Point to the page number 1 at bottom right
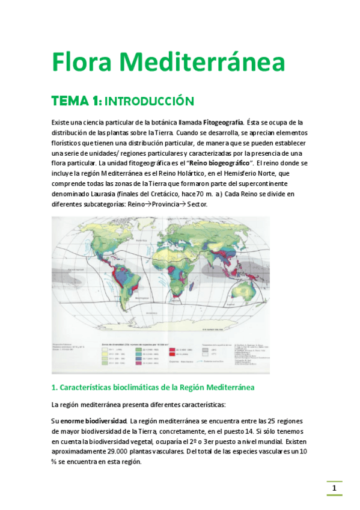(x=334, y=488)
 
